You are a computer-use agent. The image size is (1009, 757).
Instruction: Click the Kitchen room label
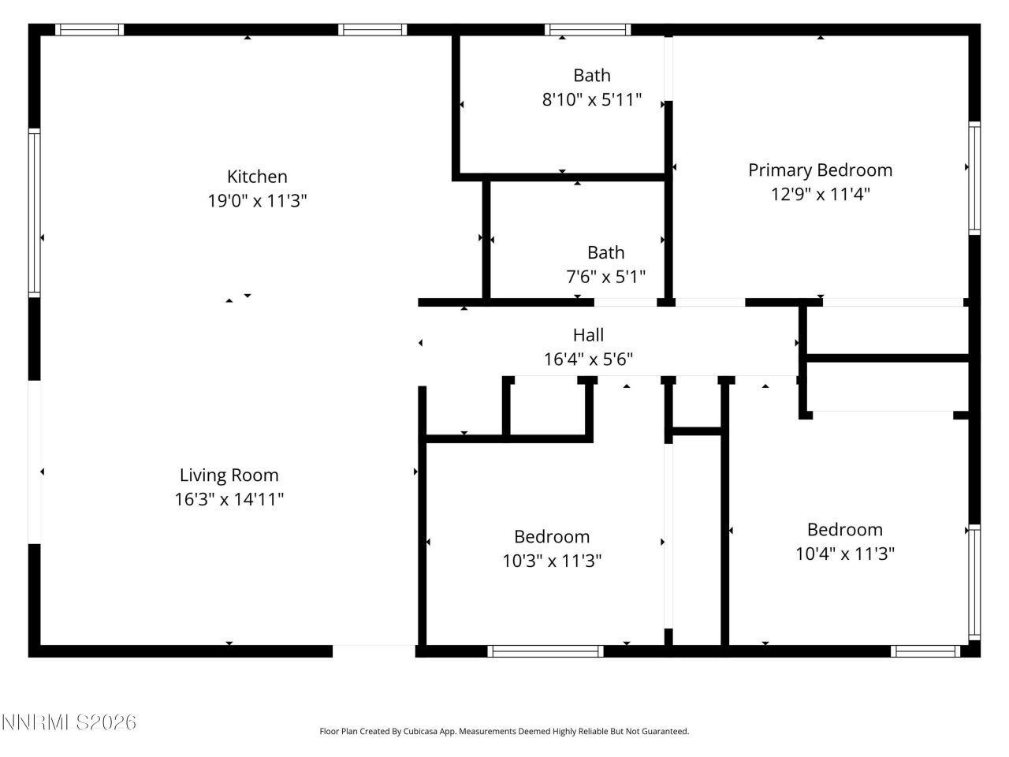pyautogui.click(x=257, y=177)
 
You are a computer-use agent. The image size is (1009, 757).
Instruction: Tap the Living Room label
pyautogui.click(x=229, y=475)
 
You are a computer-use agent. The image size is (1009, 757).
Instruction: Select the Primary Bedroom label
pyautogui.click(x=820, y=170)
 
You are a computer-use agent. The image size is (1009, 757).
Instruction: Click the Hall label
pyautogui.click(x=588, y=334)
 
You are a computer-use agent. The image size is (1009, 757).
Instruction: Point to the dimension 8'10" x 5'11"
pyautogui.click(x=591, y=100)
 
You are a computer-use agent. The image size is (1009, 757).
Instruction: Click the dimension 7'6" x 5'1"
pyautogui.click(x=605, y=277)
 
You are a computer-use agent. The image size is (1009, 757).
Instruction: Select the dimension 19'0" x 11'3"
pyautogui.click(x=257, y=201)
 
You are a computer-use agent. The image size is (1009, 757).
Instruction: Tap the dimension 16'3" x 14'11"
pyautogui.click(x=229, y=499)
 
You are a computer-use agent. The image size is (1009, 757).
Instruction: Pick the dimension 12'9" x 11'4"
pyautogui.click(x=820, y=194)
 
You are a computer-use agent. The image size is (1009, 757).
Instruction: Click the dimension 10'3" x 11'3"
pyautogui.click(x=552, y=561)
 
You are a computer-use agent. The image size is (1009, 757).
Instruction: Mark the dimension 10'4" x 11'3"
pyautogui.click(x=844, y=554)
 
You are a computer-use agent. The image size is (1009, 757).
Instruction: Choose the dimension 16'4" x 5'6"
pyautogui.click(x=588, y=359)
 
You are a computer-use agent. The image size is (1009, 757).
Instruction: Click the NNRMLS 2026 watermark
pyautogui.click(x=69, y=722)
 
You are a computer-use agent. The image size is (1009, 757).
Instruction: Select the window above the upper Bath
pyautogui.click(x=587, y=30)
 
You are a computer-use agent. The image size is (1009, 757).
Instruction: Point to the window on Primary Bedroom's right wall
pyautogui.click(x=974, y=178)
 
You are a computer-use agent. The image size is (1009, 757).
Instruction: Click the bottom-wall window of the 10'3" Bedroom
pyautogui.click(x=545, y=651)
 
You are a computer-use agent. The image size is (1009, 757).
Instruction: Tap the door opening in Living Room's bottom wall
pyautogui.click(x=374, y=651)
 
